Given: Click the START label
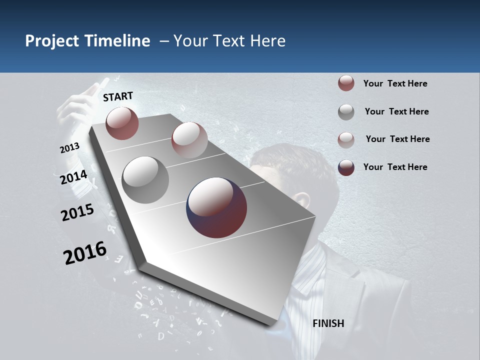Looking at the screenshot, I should (x=118, y=96).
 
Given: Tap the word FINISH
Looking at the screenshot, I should (x=328, y=323).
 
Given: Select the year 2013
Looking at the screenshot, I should (x=70, y=147).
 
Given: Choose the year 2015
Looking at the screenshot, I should (x=77, y=212).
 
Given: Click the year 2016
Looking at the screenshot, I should (x=85, y=252).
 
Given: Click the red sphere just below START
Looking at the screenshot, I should (x=122, y=123).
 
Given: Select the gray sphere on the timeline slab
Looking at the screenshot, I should (x=145, y=180).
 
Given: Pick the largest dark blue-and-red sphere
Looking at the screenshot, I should (x=216, y=207).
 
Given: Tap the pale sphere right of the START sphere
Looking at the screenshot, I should (x=189, y=140).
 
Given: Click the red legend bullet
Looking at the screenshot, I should (x=346, y=83).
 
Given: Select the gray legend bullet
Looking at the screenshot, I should (x=346, y=111).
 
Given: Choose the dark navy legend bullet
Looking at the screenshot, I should (x=346, y=167).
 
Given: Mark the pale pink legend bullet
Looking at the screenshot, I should (x=346, y=139).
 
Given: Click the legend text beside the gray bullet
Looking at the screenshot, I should (x=396, y=111).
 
